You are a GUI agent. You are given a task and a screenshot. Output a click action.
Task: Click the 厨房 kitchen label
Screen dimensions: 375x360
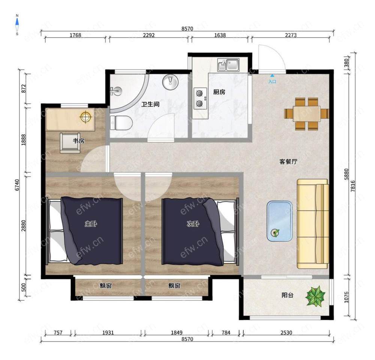pos(219,92)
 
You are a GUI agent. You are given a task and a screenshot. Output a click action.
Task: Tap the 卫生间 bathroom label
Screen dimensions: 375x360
pos(150,104)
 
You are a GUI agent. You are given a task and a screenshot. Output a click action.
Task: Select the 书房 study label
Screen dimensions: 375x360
pos(78,141)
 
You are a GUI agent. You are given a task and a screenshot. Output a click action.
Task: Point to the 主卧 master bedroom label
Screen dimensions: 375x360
pos(91,224)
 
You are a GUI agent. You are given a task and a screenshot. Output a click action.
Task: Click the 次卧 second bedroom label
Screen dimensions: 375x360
pos(193,224)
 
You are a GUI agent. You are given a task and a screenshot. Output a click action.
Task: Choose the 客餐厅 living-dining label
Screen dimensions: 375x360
pos(288,161)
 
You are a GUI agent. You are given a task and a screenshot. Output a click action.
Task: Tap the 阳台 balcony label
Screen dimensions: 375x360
pos(288,295)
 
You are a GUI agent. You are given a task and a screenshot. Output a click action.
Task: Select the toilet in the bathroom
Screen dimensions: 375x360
pos(121,123)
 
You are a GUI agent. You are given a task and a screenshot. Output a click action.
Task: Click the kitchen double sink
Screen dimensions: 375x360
pos(228,65)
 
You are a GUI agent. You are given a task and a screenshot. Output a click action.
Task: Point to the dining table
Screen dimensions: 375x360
pos(307,114)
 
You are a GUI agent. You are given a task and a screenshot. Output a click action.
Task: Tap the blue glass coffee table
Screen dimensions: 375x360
pos(280,221)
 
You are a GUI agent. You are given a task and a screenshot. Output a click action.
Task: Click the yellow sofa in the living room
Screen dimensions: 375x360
pos(313,224)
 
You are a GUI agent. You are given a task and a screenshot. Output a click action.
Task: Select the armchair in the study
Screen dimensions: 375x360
pos(70,143)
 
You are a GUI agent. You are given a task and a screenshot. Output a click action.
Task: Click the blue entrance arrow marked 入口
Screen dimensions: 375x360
pos(272,75)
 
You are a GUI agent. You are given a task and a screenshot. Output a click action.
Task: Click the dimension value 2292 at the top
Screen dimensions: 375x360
pos(148,35)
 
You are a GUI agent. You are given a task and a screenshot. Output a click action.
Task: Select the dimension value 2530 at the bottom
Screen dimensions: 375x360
pos(286,333)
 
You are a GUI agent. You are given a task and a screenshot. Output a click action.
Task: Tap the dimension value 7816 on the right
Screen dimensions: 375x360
pos(353,186)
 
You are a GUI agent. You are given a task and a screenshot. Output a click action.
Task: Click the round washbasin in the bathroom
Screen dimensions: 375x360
pos(170,81)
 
